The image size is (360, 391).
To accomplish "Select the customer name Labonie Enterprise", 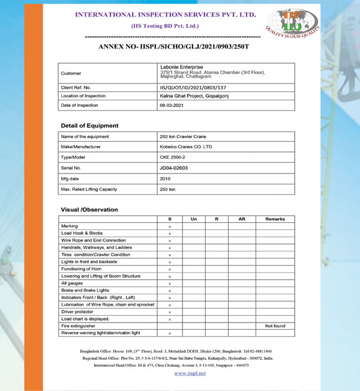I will [x=182, y=67].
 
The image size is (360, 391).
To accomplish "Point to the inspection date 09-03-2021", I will [x=173, y=105].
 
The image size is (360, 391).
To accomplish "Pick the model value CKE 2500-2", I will [x=173, y=157].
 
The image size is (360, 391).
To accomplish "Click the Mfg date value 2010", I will [x=166, y=178].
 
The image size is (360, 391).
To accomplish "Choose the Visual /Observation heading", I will [x=89, y=210].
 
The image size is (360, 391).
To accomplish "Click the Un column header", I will [x=193, y=219].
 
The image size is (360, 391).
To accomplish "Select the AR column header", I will [x=242, y=219].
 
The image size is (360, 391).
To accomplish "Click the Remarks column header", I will [x=275, y=219].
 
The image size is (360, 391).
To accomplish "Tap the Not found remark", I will [x=275, y=326].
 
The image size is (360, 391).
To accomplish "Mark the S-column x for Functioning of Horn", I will [x=170, y=269].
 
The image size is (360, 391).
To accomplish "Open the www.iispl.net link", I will [x=190, y=373].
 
